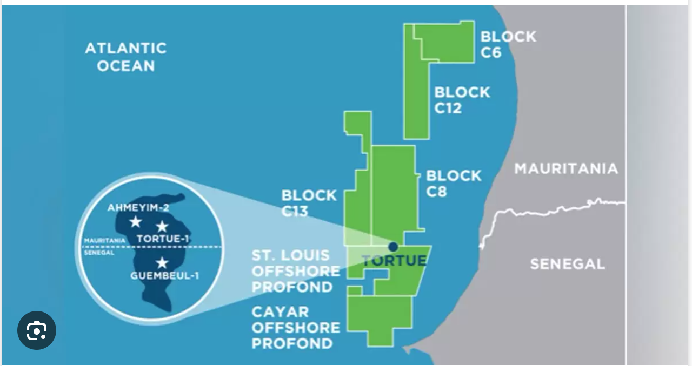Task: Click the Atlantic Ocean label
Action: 125,57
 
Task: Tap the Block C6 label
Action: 508,44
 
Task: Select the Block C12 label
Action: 462,100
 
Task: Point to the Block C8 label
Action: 453,184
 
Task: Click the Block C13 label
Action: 309,203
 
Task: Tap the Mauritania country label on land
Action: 565,168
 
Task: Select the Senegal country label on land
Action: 567,264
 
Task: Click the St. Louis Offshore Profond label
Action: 296,271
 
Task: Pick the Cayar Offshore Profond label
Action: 296,328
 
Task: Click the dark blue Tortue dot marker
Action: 393,247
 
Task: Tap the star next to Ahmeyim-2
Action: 135,222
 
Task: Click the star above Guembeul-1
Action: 162,263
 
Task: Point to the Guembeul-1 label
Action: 164,276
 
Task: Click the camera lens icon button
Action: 37,330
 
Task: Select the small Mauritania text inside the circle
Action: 105,240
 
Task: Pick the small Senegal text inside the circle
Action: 99,253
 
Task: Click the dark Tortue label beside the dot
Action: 394,261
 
